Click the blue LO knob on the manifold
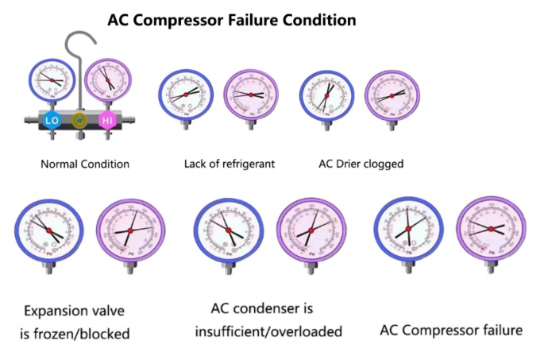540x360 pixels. click(52, 121)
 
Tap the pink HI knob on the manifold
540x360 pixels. click(107, 121)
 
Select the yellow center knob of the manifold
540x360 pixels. click(79, 121)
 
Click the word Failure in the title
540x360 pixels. click(243, 19)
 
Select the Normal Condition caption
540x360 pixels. click(84, 165)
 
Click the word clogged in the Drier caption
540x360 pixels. click(384, 165)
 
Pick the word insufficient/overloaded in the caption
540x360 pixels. click(268, 331)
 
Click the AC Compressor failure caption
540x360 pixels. click(451, 329)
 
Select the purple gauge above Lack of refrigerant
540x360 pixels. click(251, 95)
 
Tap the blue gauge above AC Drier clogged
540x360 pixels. click(326, 97)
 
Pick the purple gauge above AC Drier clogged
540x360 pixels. click(389, 96)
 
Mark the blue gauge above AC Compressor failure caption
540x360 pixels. click(407, 230)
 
